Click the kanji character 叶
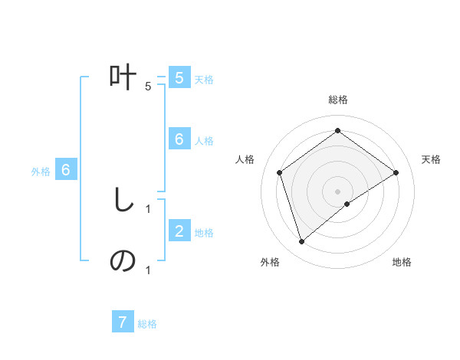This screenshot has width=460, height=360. pos(123,78)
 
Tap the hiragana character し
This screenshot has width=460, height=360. pos(123,201)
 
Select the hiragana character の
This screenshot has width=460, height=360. pos(123,261)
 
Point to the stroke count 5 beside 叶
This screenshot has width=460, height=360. pos(148,87)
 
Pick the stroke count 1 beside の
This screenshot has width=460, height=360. pos(148,270)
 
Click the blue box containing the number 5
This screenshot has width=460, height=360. pos(179,78)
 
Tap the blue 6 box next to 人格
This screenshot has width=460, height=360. pos(179,139)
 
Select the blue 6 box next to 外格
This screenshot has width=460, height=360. pos(66,170)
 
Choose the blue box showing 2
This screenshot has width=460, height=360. pos(179,231)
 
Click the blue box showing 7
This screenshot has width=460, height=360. pos(123,322)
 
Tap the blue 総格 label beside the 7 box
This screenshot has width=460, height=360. pos(147,324)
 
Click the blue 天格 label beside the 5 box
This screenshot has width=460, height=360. pos(204,80)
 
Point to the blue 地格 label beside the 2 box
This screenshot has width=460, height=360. pos(204,233)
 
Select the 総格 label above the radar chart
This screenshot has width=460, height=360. pos(338,100)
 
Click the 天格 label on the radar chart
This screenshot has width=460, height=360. pos(431,159)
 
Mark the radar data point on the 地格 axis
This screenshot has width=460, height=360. pos(347,204)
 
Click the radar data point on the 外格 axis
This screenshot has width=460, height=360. pos(301,242)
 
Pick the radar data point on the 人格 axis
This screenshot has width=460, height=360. pos(280,172)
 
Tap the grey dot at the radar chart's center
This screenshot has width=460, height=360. pos(338,191)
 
